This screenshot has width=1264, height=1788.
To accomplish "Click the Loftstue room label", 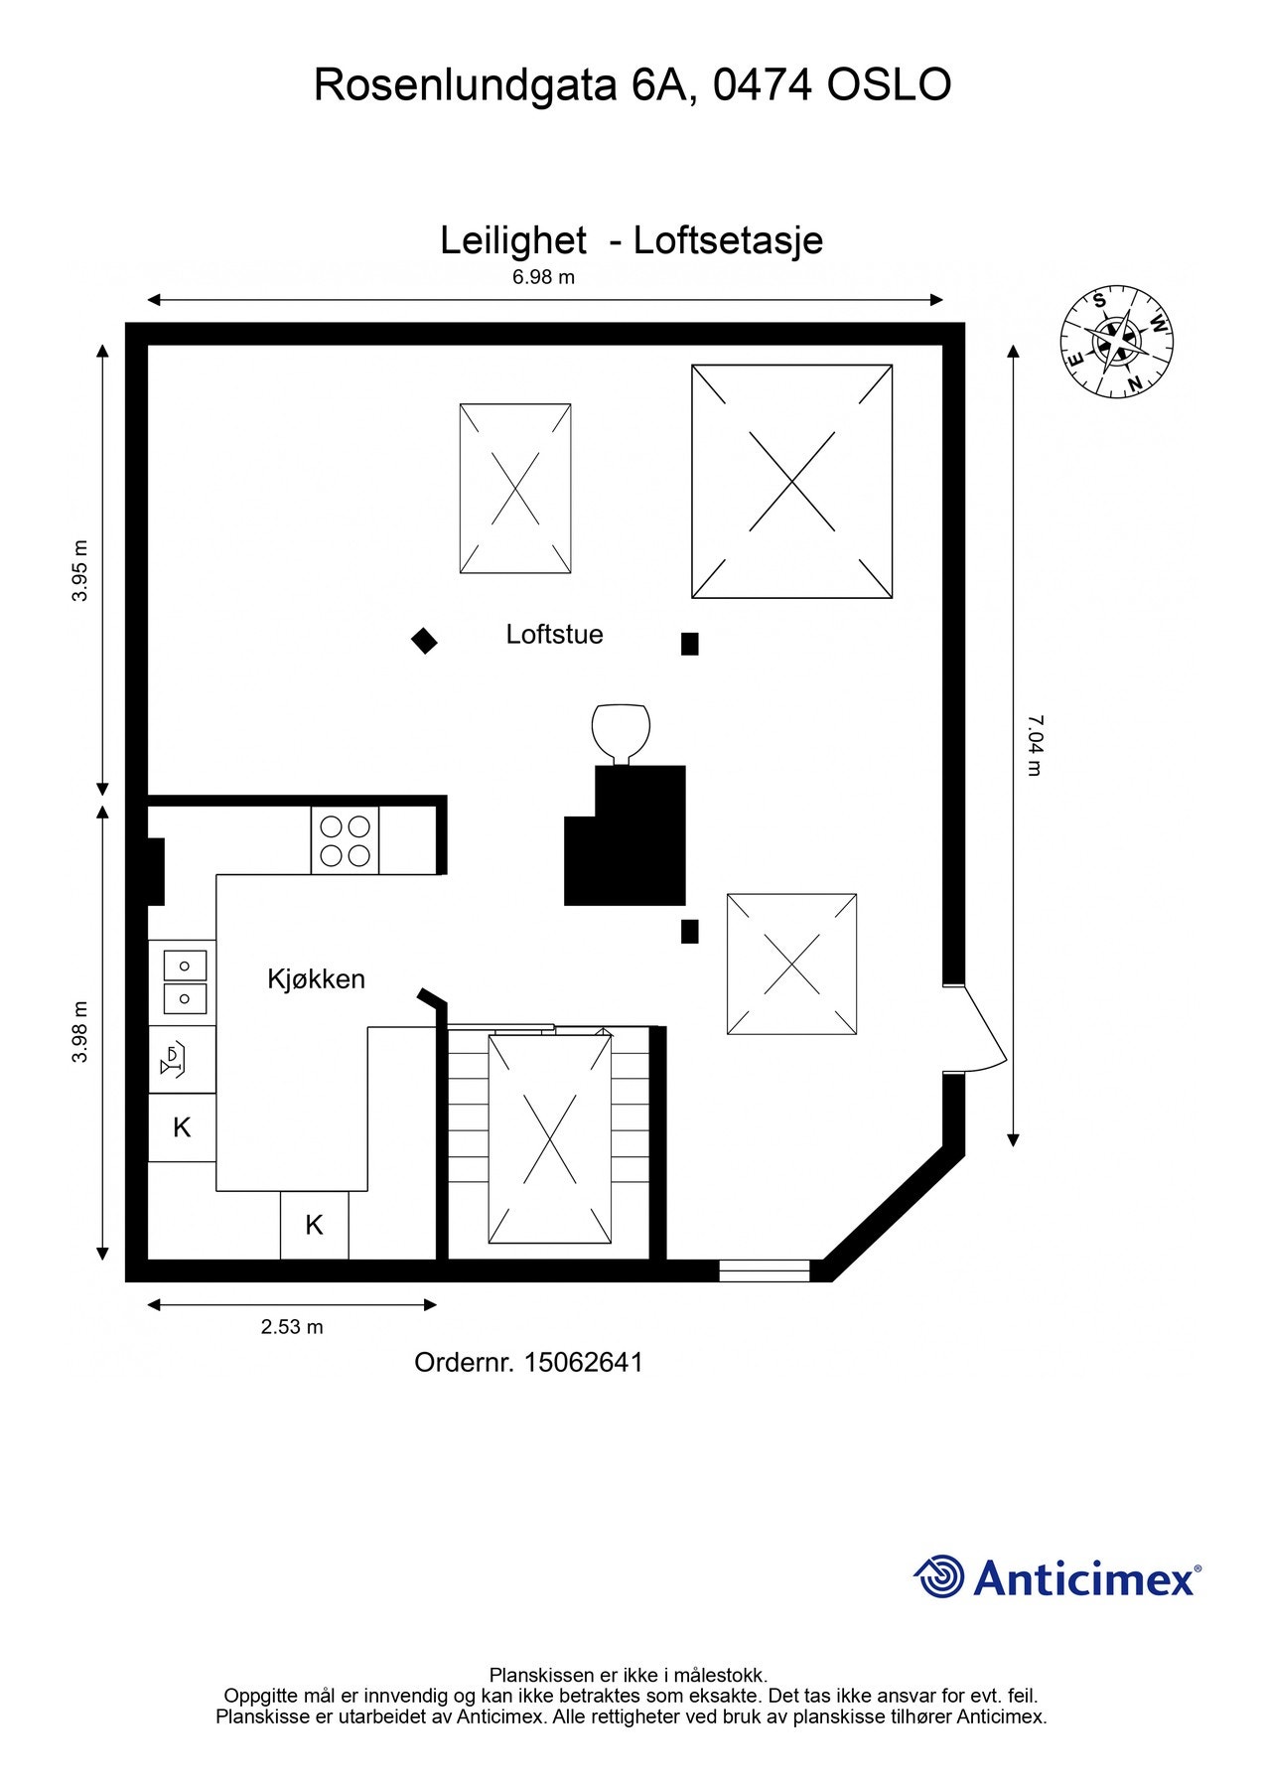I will point(554,634).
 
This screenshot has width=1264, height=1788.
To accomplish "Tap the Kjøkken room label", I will point(316,978).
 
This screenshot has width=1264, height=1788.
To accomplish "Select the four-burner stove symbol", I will point(345,840).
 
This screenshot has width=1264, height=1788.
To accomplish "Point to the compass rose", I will point(1116,342).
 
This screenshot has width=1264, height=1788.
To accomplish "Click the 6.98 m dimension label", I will point(543,277).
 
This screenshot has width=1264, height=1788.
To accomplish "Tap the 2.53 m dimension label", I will point(292,1326).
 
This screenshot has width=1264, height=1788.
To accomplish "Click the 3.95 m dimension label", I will point(80,570).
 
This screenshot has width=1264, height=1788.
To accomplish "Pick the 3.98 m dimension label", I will point(80,1031).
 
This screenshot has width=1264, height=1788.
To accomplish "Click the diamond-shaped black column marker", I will point(424,641).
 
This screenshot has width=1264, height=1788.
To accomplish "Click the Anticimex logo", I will point(1056,1576).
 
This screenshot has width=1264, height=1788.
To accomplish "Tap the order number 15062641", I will point(583,1362).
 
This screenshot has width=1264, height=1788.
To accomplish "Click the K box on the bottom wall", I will point(314,1225).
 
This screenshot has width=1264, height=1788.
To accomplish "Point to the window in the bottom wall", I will point(764,1270).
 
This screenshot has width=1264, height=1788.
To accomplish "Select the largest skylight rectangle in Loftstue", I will point(791,482).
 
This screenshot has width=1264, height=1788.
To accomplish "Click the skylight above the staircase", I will point(549,1138).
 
